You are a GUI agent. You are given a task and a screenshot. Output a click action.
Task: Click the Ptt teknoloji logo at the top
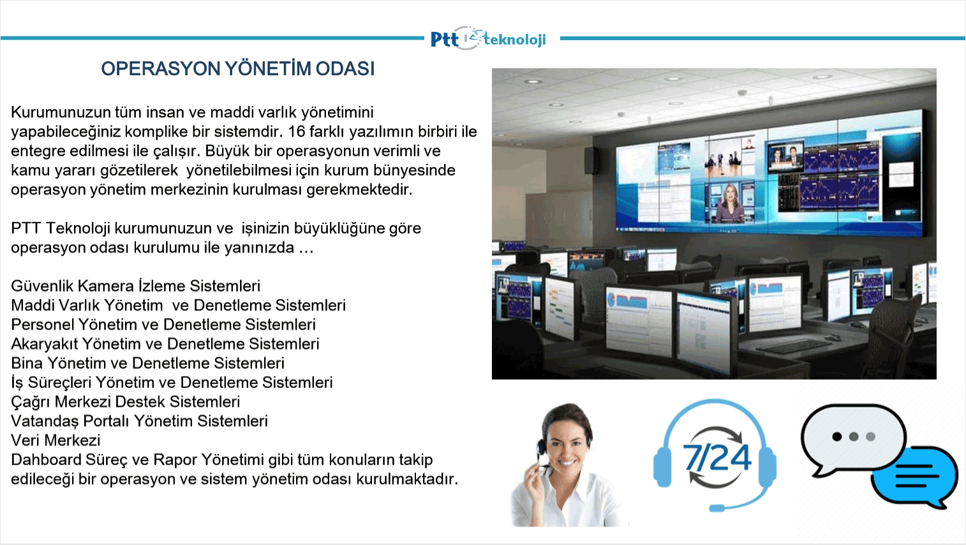(x=488, y=39)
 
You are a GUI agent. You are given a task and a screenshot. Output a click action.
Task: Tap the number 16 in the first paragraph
(x=296, y=131)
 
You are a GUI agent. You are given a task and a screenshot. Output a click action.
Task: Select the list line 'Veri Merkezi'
(x=56, y=440)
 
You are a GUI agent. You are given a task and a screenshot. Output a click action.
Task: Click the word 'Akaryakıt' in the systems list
(x=45, y=344)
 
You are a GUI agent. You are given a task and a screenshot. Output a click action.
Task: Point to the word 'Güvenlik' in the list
(x=42, y=286)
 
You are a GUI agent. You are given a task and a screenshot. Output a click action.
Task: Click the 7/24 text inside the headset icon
(x=717, y=457)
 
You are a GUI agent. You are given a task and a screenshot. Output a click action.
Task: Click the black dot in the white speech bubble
(x=837, y=437)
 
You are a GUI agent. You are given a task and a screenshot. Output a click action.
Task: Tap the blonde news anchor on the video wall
(x=730, y=203)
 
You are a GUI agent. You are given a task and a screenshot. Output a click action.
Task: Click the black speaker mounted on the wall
(x=591, y=160)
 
